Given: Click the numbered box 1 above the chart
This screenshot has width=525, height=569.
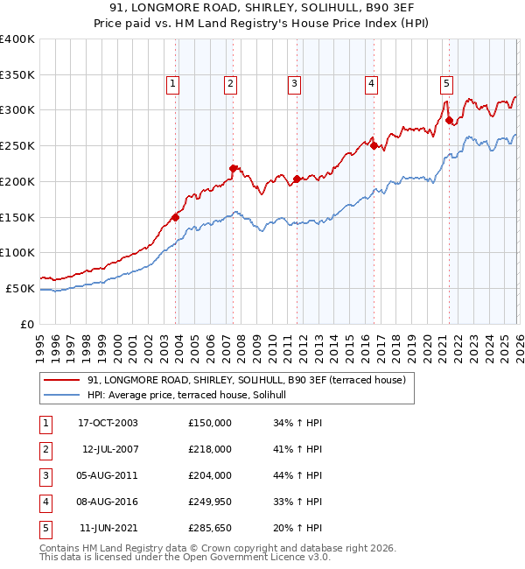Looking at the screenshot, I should coord(172,84).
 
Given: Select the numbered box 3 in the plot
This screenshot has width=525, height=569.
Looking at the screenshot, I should coord(293,84).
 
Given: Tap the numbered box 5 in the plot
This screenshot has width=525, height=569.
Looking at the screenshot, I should coord(446,84).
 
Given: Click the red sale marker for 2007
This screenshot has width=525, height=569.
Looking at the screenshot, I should coord(233,168).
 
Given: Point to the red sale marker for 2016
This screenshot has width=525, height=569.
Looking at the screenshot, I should coord(374,145).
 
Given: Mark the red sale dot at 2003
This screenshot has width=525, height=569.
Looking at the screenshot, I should coord(175,216).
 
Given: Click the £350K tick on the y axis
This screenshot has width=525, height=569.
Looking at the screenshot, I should coord(17,74).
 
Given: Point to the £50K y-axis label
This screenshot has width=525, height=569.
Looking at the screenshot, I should coord(19,288).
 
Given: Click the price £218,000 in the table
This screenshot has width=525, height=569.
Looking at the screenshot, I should coord(210,449).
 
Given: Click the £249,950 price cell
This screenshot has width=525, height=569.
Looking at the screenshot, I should coord(210,502).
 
